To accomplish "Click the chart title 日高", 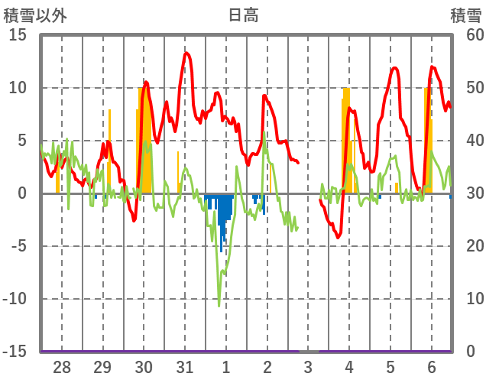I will coord(243,15).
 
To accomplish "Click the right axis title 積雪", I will coord(465,15).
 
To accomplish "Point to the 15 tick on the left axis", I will coord(18,35).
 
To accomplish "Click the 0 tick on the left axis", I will coord(22,193).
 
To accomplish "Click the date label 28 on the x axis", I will coord(61,367).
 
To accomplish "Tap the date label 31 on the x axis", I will coord(184,367).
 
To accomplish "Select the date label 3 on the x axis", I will coord(308,367).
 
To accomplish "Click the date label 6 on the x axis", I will coord(432,367).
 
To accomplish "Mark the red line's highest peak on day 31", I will coord(186,53).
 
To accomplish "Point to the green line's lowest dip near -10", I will coord(219,305).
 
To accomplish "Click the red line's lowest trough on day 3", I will coord(339,237).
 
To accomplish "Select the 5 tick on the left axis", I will coord(22,141).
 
